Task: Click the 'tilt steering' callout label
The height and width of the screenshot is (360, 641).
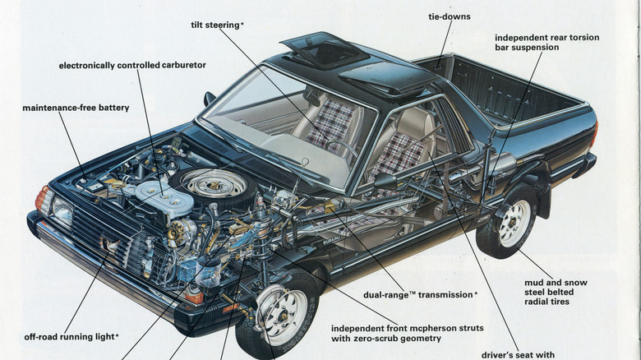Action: point(216,25)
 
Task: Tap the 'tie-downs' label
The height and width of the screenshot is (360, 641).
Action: point(450,16)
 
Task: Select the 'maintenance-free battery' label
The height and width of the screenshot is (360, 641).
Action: point(76,108)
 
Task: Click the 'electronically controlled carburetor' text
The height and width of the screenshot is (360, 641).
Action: point(132,65)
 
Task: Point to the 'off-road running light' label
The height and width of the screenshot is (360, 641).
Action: point(71,336)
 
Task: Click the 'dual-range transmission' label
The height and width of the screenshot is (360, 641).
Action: point(420,294)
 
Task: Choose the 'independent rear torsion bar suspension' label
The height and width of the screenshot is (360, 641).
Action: point(546,43)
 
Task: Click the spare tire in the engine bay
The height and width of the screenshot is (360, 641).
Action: point(213,186)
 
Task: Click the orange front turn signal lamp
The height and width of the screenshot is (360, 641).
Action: point(42,197)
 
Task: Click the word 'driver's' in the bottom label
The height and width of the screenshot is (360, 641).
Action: point(501,355)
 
